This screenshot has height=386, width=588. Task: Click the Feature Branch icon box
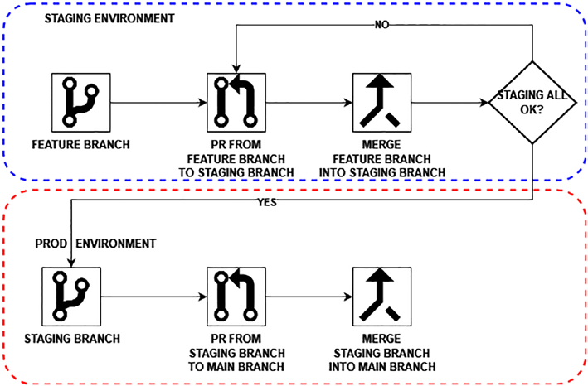pos(81,103)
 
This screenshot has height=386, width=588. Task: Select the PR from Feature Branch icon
pos(236,103)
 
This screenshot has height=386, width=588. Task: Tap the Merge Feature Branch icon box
pos(381,103)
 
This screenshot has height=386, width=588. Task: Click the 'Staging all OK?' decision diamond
pos(532,103)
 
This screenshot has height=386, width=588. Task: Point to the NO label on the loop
pos(381,25)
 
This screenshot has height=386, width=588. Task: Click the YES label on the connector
pos(267,203)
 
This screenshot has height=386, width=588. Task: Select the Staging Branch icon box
pos(71,297)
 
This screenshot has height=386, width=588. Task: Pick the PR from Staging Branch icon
pos(236,297)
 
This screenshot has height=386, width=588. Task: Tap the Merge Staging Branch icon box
pos(381,297)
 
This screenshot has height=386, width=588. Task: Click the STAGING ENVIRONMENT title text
pos(109,18)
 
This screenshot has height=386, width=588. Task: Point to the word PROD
pos(51,244)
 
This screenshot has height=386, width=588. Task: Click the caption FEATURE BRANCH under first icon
pos(81,144)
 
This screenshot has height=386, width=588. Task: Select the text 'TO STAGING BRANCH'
pos(236,172)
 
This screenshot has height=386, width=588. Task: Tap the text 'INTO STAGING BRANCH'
pos(382,172)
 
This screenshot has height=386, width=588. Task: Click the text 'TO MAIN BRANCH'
pos(236,366)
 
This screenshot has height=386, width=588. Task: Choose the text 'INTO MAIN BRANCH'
pos(382,366)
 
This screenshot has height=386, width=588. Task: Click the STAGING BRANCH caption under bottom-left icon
pos(72,339)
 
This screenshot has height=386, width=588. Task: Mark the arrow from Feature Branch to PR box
pos(158,103)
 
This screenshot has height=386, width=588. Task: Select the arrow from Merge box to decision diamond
pos(450,103)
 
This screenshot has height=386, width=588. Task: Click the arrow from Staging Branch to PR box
pos(153,297)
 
